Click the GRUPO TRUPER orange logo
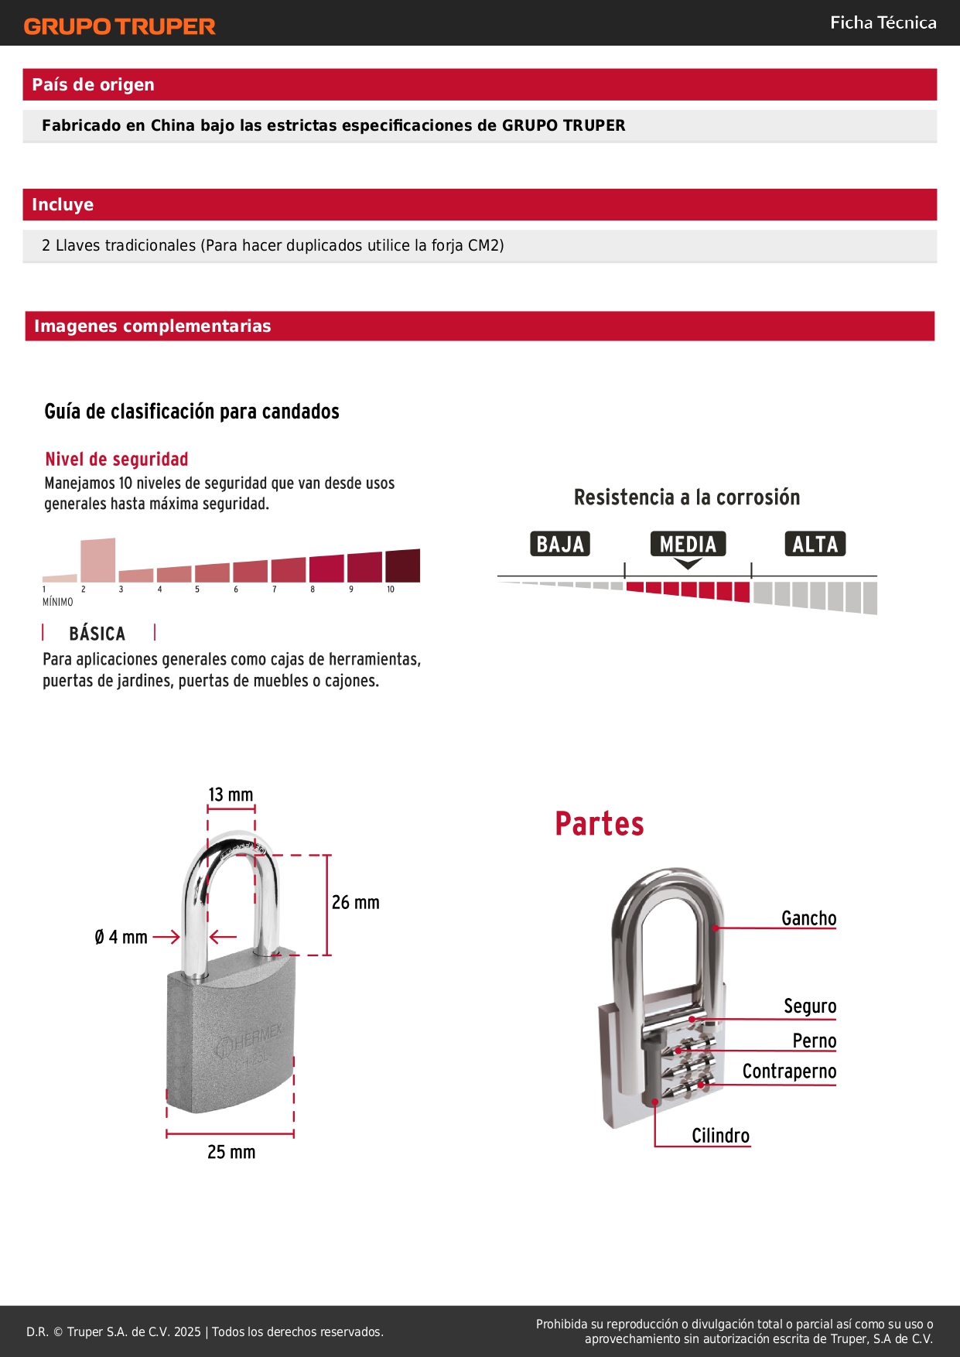tap(119, 26)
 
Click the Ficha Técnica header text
tap(883, 22)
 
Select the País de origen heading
tap(93, 84)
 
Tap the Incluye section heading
tap(63, 204)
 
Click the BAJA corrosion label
tap(560, 544)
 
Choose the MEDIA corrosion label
tap(688, 544)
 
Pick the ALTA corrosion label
tap(815, 544)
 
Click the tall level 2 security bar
tap(98, 559)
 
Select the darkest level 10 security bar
tap(402, 566)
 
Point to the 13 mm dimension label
tap(231, 795)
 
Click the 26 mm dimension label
tap(356, 902)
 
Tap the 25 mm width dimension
tap(231, 1152)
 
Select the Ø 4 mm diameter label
tap(121, 937)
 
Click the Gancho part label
tap(808, 918)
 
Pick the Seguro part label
tap(810, 1006)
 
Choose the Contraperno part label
tap(789, 1071)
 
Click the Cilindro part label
tap(720, 1136)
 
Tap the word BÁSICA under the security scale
tap(97, 634)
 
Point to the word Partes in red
tap(599, 823)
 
